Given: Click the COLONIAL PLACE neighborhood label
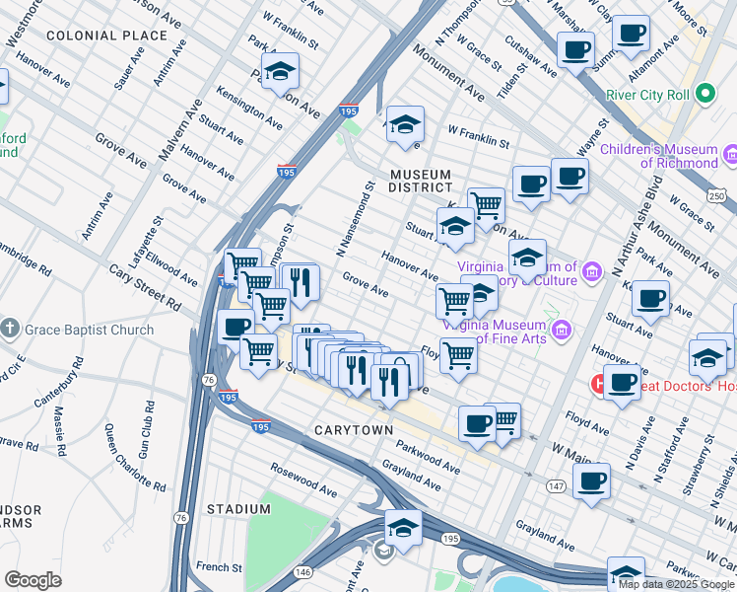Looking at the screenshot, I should [106, 36].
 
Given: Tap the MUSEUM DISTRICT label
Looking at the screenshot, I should [421, 181].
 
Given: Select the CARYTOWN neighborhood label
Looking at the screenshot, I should [354, 431].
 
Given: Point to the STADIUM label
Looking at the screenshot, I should [238, 509].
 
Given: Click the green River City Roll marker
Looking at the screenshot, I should [704, 95].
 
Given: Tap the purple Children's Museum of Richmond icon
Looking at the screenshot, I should [730, 155].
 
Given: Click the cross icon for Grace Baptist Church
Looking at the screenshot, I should [10, 330].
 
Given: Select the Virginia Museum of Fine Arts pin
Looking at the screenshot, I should [561, 330].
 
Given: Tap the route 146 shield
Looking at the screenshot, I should [303, 571].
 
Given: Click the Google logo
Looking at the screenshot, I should [33, 579].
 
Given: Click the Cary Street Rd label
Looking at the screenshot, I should [145, 285].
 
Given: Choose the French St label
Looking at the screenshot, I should [219, 567].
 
